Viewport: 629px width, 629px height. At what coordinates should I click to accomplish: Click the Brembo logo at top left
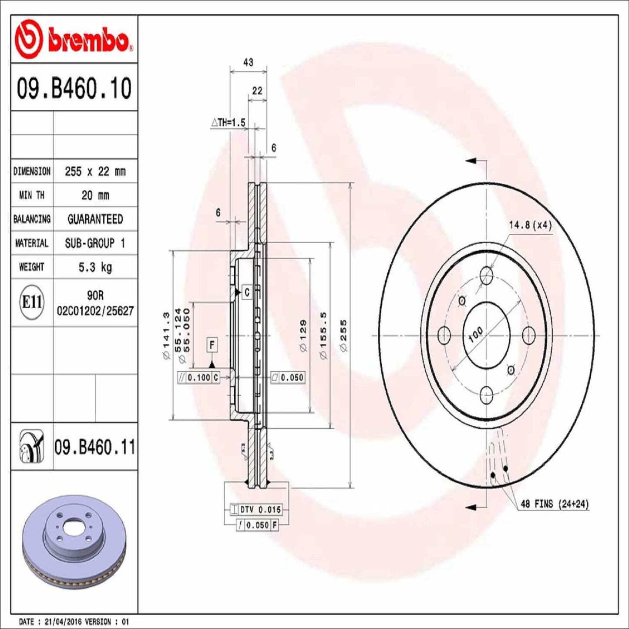point(74,40)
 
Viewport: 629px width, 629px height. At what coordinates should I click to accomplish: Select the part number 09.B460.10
point(74,88)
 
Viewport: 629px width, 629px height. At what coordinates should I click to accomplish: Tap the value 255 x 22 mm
point(95,172)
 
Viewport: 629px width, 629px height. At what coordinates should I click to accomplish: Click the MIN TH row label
point(31,195)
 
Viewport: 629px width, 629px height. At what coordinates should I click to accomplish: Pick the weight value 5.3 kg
point(95,267)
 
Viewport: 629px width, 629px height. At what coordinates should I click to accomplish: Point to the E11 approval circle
point(32,302)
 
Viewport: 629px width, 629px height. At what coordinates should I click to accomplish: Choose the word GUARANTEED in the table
point(95,219)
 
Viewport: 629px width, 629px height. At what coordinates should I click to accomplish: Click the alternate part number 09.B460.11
point(94,447)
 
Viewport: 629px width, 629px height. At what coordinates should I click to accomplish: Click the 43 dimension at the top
point(248,63)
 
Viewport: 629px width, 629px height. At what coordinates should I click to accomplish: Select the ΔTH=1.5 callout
point(229,123)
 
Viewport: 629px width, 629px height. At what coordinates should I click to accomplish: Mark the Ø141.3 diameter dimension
point(165,336)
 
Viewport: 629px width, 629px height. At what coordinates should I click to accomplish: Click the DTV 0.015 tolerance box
point(260,509)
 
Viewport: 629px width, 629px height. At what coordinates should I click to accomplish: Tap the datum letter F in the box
point(212,345)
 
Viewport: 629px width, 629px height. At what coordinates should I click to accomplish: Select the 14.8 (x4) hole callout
point(530,225)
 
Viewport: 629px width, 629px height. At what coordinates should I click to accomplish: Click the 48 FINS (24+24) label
point(555,504)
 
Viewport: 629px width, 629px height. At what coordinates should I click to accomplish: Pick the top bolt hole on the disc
point(486,275)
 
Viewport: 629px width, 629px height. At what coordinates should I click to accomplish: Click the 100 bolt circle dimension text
point(475,334)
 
